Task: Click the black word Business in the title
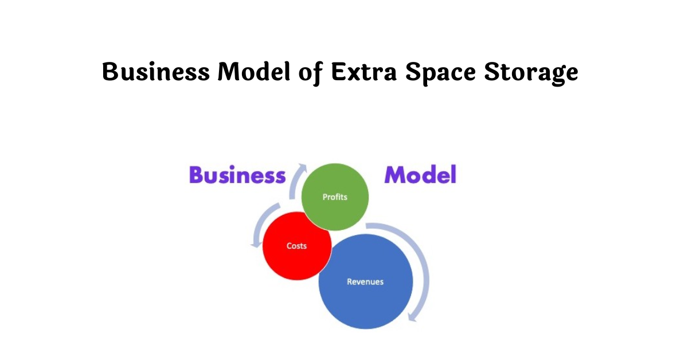click(156, 72)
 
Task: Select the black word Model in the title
click(253, 72)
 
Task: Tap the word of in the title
click(311, 73)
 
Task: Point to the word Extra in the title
click(363, 72)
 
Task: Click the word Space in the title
click(440, 73)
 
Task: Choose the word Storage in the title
click(531, 73)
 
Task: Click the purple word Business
click(237, 174)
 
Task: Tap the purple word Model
click(420, 174)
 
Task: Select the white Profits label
click(335, 197)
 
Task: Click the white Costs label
click(296, 246)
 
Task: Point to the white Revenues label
click(365, 281)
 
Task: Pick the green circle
click(335, 197)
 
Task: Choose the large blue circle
click(366, 281)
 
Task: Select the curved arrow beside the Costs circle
click(260, 221)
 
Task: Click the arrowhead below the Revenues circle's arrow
click(412, 318)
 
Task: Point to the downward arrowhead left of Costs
click(255, 244)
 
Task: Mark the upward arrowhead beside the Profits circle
click(303, 167)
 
